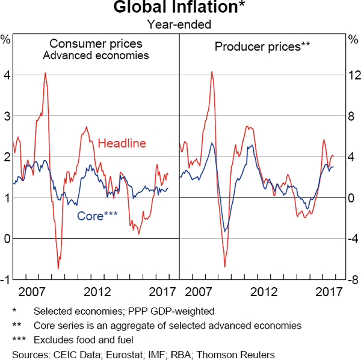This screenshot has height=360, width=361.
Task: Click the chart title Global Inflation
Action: pyautogui.click(x=180, y=8)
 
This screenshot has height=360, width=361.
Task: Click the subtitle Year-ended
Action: pyautogui.click(x=180, y=24)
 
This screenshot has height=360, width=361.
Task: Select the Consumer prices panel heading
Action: pyautogui.click(x=96, y=44)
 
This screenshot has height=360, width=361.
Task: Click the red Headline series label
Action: pyautogui.click(x=122, y=143)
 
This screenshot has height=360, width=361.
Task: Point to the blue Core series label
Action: pyautogui.click(x=97, y=215)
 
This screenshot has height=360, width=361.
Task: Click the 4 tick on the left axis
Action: pyautogui.click(x=7, y=75)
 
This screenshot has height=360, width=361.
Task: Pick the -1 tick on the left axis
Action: pyautogui.click(x=5, y=279)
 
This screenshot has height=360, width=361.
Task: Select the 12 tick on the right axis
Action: pyautogui.click(x=353, y=75)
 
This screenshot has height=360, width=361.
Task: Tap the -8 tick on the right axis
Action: pyautogui.click(x=353, y=279)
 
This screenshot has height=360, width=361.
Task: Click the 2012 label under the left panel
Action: pyautogui.click(x=97, y=292)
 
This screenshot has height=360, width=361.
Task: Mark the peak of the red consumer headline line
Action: pyautogui.click(x=45, y=73)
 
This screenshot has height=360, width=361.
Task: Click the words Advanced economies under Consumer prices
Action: pyautogui.click(x=96, y=55)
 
